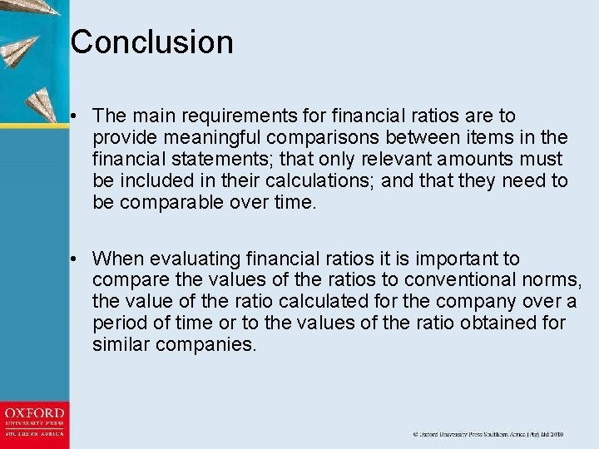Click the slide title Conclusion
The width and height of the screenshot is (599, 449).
[x=151, y=42]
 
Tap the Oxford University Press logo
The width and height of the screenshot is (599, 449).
[x=34, y=423]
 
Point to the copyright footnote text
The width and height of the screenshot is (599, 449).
[x=488, y=434]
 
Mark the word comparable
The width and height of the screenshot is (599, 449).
[x=171, y=202]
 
